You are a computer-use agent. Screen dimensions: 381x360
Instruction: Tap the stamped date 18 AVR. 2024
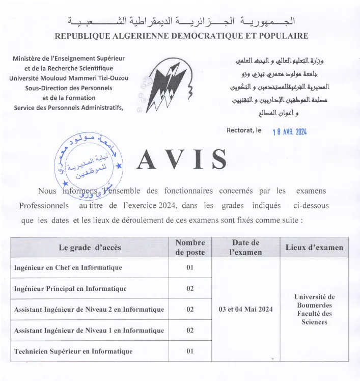click(290, 131)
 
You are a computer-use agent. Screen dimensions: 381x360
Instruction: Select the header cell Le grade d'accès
click(90, 248)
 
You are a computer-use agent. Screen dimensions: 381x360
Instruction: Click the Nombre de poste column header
click(190, 248)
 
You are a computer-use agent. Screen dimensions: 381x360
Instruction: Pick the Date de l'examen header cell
click(246, 248)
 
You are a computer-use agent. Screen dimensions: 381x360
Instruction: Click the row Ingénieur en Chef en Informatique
click(68, 267)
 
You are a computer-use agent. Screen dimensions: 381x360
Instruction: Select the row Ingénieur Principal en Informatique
click(70, 289)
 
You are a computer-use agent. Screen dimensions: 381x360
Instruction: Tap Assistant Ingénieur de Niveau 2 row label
click(89, 310)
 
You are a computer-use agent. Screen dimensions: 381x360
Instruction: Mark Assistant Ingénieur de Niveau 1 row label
click(89, 331)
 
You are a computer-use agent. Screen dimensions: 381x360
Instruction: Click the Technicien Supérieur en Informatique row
click(73, 351)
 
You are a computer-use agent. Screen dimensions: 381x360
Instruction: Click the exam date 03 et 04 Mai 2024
click(246, 310)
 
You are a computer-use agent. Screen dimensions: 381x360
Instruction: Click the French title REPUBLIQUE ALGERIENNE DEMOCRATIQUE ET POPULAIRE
click(181, 36)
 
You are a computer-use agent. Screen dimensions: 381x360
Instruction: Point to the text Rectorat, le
click(243, 130)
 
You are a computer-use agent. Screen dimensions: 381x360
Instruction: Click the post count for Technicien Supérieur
click(190, 351)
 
